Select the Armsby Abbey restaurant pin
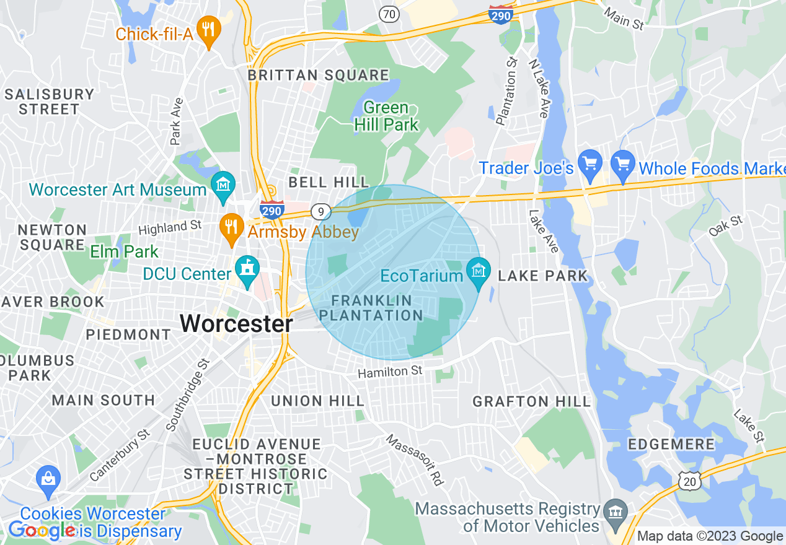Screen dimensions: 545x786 click(232, 228)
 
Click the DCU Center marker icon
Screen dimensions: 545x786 click(248, 271)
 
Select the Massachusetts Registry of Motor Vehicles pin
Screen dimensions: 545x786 click(615, 513)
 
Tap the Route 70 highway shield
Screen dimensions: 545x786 click(389, 14)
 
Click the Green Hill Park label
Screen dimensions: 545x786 click(386, 116)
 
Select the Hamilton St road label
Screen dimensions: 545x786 click(391, 372)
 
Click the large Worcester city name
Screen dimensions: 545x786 click(236, 323)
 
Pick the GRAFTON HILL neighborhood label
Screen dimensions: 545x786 click(532, 402)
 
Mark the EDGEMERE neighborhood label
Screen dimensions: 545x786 click(671, 445)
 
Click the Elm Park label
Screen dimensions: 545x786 click(124, 252)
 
